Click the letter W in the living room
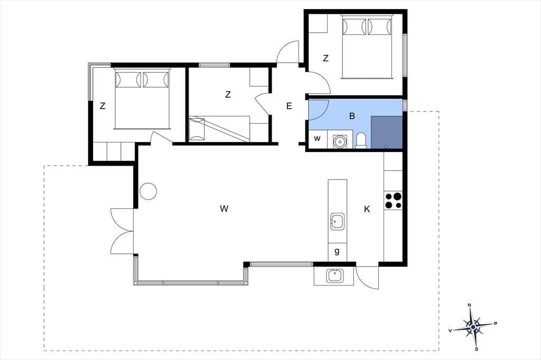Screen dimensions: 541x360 click(x=224, y=209)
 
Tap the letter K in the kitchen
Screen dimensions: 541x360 click(x=367, y=209)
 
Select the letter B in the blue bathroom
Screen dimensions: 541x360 click(x=352, y=116)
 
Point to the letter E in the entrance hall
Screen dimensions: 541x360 click(x=289, y=106)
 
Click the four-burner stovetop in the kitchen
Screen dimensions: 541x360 click(x=393, y=201)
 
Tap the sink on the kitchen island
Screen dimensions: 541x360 click(x=337, y=221)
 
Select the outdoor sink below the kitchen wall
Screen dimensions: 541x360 click(x=334, y=276)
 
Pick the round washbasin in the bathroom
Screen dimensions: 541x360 click(x=339, y=141)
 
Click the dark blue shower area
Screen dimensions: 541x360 click(x=387, y=132)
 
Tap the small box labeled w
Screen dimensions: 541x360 click(x=318, y=139)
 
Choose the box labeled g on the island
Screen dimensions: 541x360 click(x=337, y=252)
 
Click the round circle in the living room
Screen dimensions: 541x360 click(x=148, y=191)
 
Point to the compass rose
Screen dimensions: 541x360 click(x=473, y=326)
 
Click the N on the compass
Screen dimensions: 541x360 click(x=469, y=305)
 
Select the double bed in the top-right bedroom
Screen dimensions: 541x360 click(x=367, y=46)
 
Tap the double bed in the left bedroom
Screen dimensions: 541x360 click(x=142, y=99)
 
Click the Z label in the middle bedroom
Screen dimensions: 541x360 click(x=228, y=94)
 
